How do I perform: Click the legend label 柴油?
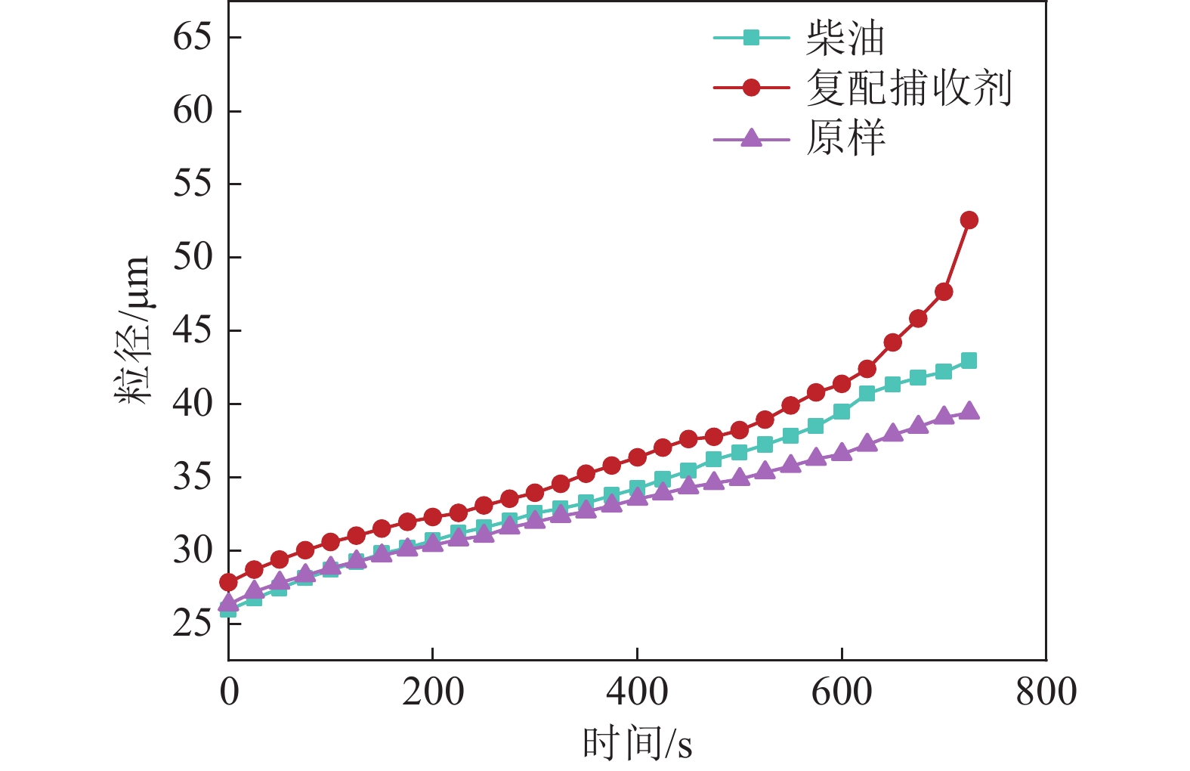point(844,38)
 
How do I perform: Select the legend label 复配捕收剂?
point(909,88)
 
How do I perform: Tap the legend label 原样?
point(845,138)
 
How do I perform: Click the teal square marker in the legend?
point(751,38)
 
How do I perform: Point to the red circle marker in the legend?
point(751,88)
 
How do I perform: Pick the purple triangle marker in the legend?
point(751,138)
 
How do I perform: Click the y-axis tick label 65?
point(192,37)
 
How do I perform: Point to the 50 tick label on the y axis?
point(192,257)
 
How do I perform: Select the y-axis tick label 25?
point(192,624)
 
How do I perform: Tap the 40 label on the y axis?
point(192,404)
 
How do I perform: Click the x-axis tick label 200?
point(433,692)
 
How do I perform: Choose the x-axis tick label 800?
point(1046,692)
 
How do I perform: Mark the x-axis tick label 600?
point(842,692)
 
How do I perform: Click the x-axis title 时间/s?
point(637,743)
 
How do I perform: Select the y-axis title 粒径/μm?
point(133,330)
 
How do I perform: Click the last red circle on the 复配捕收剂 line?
point(969,220)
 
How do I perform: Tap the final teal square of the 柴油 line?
point(969,361)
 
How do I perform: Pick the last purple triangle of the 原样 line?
point(969,412)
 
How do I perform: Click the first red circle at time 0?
point(228,582)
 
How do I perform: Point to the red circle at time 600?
point(842,384)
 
